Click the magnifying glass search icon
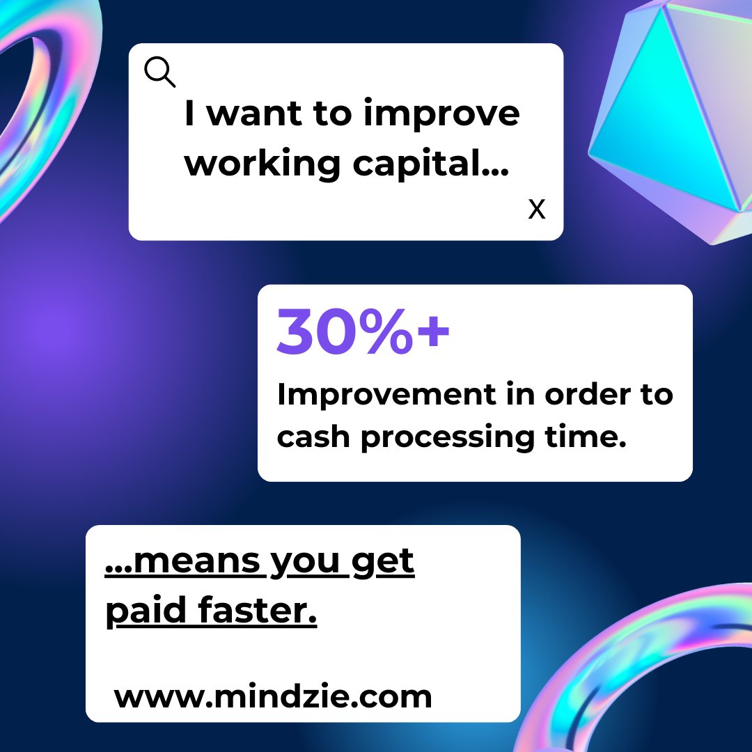(159, 72)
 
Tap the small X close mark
(536, 209)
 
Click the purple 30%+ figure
(363, 332)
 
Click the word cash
(312, 437)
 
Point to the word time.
(584, 437)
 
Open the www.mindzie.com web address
(273, 696)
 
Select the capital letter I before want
(190, 114)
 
